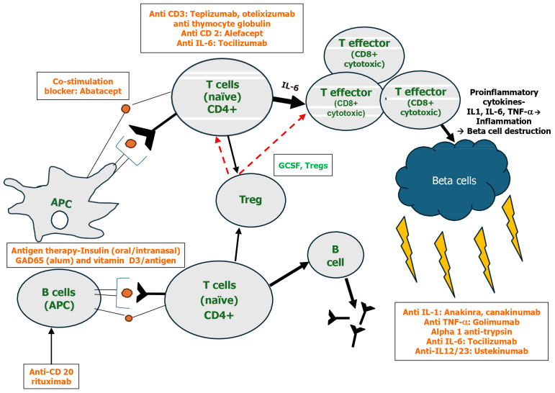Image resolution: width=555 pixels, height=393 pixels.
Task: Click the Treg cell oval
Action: [251, 199]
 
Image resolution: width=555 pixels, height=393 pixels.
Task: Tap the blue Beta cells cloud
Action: [454, 179]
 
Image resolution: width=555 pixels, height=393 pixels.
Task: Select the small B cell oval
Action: [335, 256]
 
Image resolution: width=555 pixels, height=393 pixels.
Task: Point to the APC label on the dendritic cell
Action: [61, 203]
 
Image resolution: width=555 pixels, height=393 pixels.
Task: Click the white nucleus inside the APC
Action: [60, 220]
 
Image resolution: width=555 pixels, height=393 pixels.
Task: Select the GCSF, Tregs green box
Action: [303, 166]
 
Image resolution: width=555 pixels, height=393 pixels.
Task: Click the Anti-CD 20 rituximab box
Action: [51, 376]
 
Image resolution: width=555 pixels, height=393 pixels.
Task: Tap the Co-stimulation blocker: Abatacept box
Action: [83, 86]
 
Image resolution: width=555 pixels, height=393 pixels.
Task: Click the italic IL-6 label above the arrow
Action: [290, 86]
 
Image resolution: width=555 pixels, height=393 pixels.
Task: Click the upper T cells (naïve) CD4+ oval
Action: [222, 96]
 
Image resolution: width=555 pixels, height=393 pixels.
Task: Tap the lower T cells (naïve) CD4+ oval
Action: [219, 300]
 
